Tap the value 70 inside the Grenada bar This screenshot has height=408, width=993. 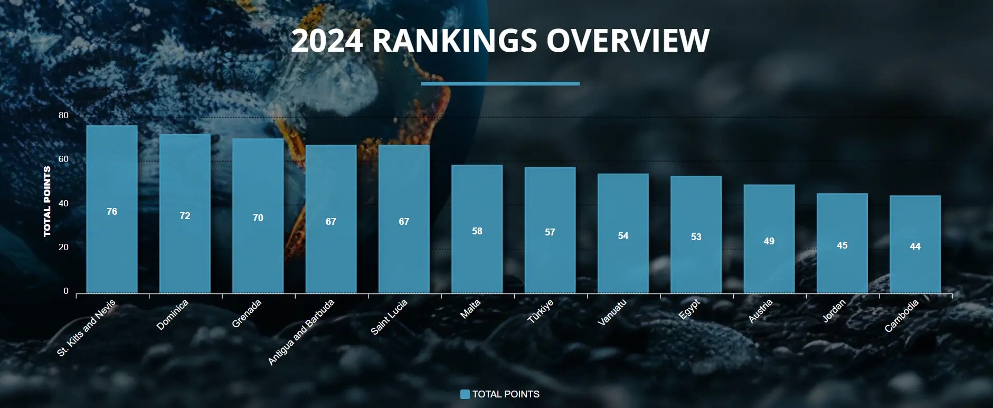click(x=258, y=218)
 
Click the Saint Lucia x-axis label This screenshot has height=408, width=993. click(x=389, y=317)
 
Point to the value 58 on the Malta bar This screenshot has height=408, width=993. click(x=477, y=231)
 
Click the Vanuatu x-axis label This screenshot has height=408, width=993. click(x=612, y=312)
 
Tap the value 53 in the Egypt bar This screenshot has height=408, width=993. click(x=696, y=237)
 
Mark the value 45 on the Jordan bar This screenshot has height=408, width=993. click(x=842, y=245)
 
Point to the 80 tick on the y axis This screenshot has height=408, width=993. click(x=63, y=115)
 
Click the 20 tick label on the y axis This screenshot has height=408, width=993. click(x=63, y=247)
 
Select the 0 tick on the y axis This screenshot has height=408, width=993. click(x=66, y=291)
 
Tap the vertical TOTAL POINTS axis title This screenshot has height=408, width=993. click(x=47, y=202)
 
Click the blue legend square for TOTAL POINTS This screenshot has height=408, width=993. click(x=465, y=394)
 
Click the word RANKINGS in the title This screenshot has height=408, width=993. click(x=455, y=41)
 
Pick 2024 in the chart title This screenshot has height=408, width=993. click(x=327, y=41)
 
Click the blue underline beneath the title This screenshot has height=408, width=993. click(x=500, y=83)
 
